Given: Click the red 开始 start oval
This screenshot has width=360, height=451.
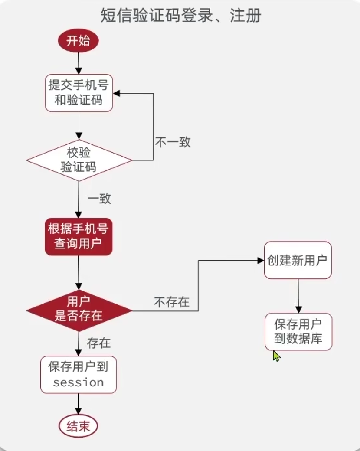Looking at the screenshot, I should [x=79, y=41].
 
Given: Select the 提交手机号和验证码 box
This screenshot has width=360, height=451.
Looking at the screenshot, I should [x=79, y=93].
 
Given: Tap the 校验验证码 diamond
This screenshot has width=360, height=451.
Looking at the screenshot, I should [x=79, y=160].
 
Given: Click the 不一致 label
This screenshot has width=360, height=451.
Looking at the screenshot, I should [x=173, y=142].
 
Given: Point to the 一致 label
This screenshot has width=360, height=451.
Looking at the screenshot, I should [x=99, y=199].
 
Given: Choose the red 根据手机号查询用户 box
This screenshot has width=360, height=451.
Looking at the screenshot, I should [x=79, y=237].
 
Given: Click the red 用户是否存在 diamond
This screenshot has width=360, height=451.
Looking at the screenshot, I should [x=79, y=310].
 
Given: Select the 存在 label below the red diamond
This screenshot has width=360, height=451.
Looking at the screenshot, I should [x=99, y=343].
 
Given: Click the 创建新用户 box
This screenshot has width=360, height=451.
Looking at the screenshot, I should [x=298, y=260].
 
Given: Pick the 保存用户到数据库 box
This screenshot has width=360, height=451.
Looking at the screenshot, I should [x=298, y=331].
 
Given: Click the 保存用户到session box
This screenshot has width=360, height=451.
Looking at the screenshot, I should [x=79, y=375].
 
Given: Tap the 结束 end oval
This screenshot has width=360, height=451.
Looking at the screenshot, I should [x=79, y=427].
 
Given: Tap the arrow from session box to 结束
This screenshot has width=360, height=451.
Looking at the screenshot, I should [x=79, y=404].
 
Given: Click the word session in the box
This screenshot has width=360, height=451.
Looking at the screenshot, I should [x=79, y=382].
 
